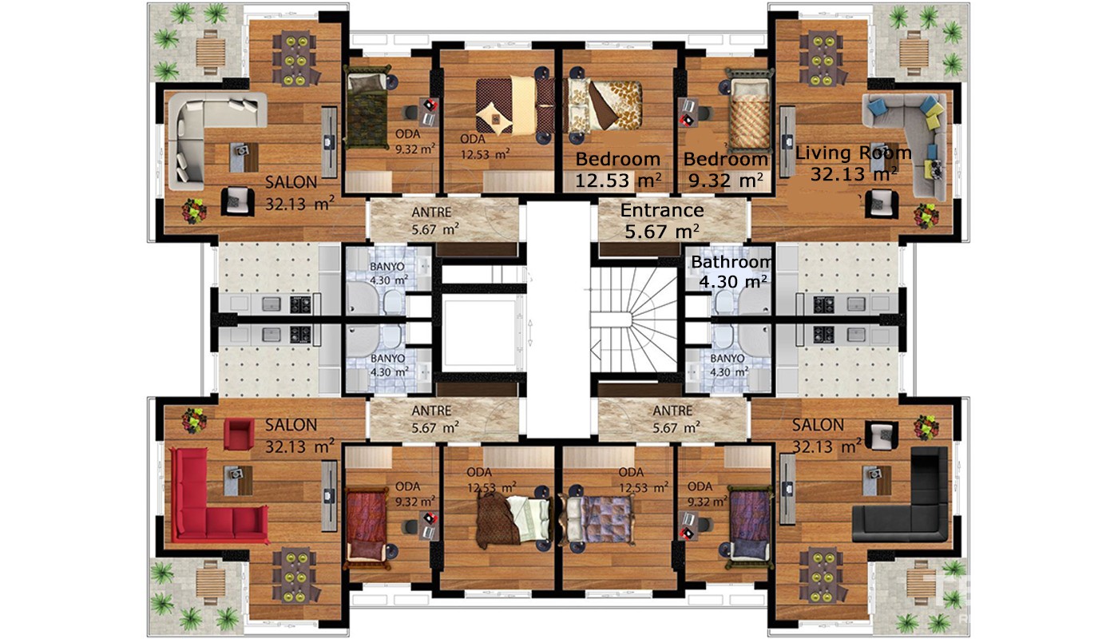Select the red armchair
tap(239, 434)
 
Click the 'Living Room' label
tap(853, 153)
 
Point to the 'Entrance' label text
tap(662, 211)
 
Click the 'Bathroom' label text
tap(731, 262)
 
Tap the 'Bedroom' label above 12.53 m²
tap(618, 159)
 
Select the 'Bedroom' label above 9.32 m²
tap(725, 159)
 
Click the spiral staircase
tap(634, 319)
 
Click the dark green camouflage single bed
tap(367, 110)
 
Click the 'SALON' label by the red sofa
tap(291, 425)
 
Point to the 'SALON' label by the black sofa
tap(818, 425)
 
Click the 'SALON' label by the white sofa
tap(291, 183)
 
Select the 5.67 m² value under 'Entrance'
tap(662, 232)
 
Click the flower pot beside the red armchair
tap(193, 420)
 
